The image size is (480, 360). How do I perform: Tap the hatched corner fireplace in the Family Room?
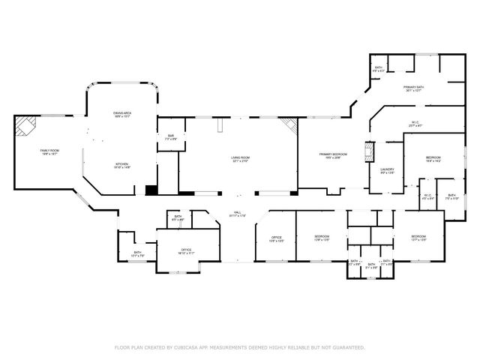pos(25,125)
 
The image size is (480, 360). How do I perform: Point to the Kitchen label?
pos(122,166)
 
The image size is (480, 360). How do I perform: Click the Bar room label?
pos(170,136)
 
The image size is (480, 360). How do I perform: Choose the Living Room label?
pos(240,159)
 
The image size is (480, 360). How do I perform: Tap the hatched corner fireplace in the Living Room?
pos(289,127)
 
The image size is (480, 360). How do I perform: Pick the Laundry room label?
pos(387,171)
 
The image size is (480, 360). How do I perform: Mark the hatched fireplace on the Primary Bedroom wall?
pos(368,152)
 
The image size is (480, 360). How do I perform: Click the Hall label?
pos(238,214)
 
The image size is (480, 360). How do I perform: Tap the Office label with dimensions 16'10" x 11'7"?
pos(186,251)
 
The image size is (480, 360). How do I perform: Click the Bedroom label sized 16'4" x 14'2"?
pos(433,159)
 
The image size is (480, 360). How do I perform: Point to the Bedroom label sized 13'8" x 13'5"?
pos(321,238)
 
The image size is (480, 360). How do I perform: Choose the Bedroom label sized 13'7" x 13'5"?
pos(418,238)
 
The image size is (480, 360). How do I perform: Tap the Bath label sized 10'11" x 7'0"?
pos(137,254)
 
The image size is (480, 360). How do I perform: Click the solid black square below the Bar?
pos(151,190)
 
